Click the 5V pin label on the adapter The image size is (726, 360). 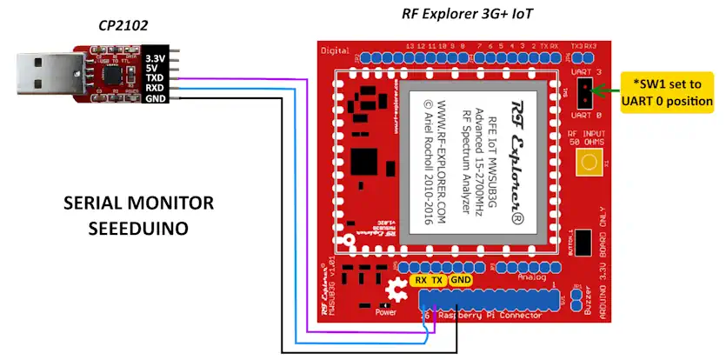pos(154,68)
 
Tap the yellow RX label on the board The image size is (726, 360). pos(421,280)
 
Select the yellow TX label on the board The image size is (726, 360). pos(438,280)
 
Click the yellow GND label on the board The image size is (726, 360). pos(461,280)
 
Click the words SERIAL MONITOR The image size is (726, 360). pos(138,203)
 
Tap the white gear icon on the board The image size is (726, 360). pos(397,288)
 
